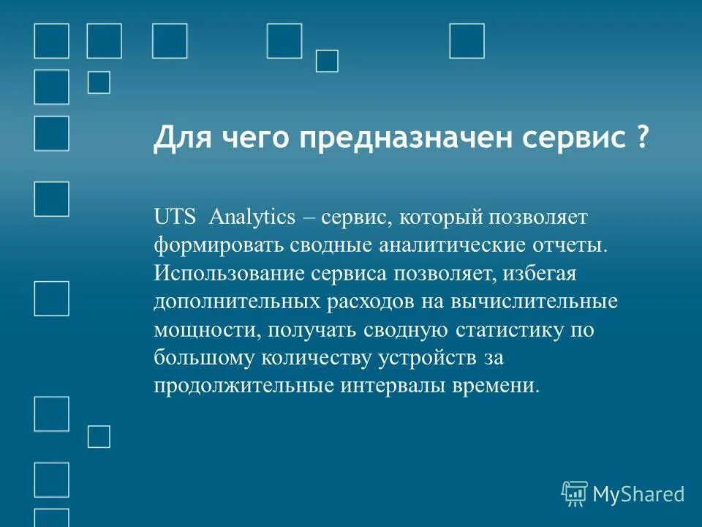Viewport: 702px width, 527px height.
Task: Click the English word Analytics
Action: [x=252, y=217]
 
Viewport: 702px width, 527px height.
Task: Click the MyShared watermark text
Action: [x=638, y=494]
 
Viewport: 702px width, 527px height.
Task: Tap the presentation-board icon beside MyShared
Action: [x=574, y=494]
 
